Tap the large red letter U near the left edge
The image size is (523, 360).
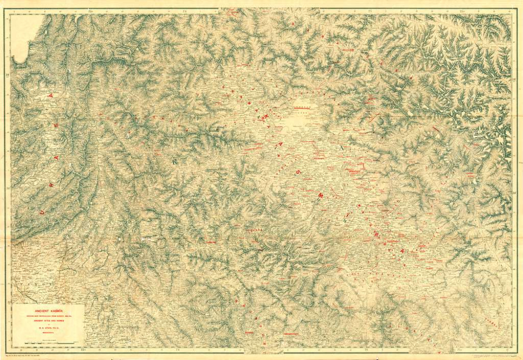pyautogui.click(x=42, y=212)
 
